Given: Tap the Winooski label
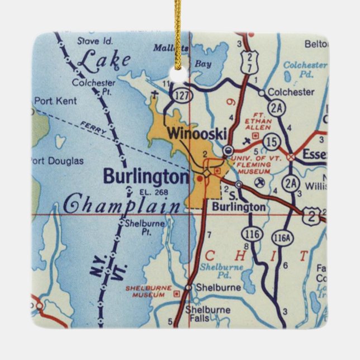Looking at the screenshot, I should pos(196,133).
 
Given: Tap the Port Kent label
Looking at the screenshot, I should pos(55,101).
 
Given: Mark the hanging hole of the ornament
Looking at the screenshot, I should pos(178,76).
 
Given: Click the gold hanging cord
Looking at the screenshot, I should pos(178,28).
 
